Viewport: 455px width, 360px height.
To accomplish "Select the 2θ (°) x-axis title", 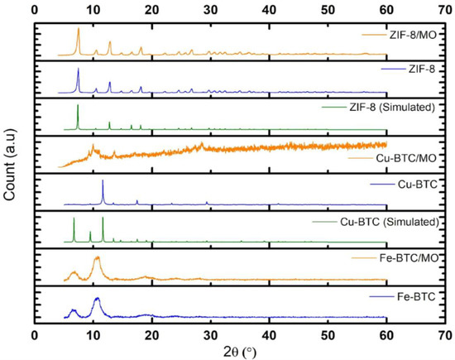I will pyautogui.click(x=240, y=350).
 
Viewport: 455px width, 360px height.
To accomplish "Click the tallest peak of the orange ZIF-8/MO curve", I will pyautogui.click(x=78, y=29).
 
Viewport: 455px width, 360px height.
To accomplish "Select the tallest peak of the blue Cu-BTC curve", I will pyautogui.click(x=103, y=180).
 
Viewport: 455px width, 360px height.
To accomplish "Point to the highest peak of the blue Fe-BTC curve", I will pyautogui.click(x=97, y=298).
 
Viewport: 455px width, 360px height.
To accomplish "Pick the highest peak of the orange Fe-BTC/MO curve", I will pyautogui.click(x=97, y=257).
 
